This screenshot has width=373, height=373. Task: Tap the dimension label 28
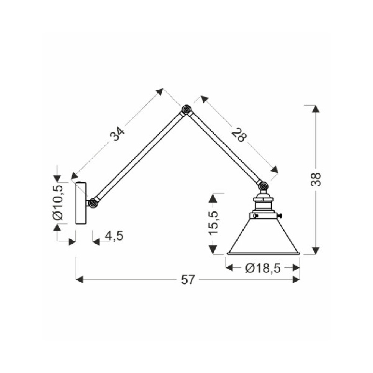point(239,135)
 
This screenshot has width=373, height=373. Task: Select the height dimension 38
point(316,179)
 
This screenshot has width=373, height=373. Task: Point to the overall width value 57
point(188,280)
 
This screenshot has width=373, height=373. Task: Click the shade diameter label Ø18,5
point(263,268)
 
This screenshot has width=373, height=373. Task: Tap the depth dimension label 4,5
point(114,236)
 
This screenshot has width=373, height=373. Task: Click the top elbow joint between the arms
point(186,110)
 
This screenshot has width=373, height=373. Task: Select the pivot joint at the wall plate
point(92,203)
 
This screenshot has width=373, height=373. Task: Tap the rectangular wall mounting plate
point(81,203)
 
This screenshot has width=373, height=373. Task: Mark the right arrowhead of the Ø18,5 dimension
point(296,268)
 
